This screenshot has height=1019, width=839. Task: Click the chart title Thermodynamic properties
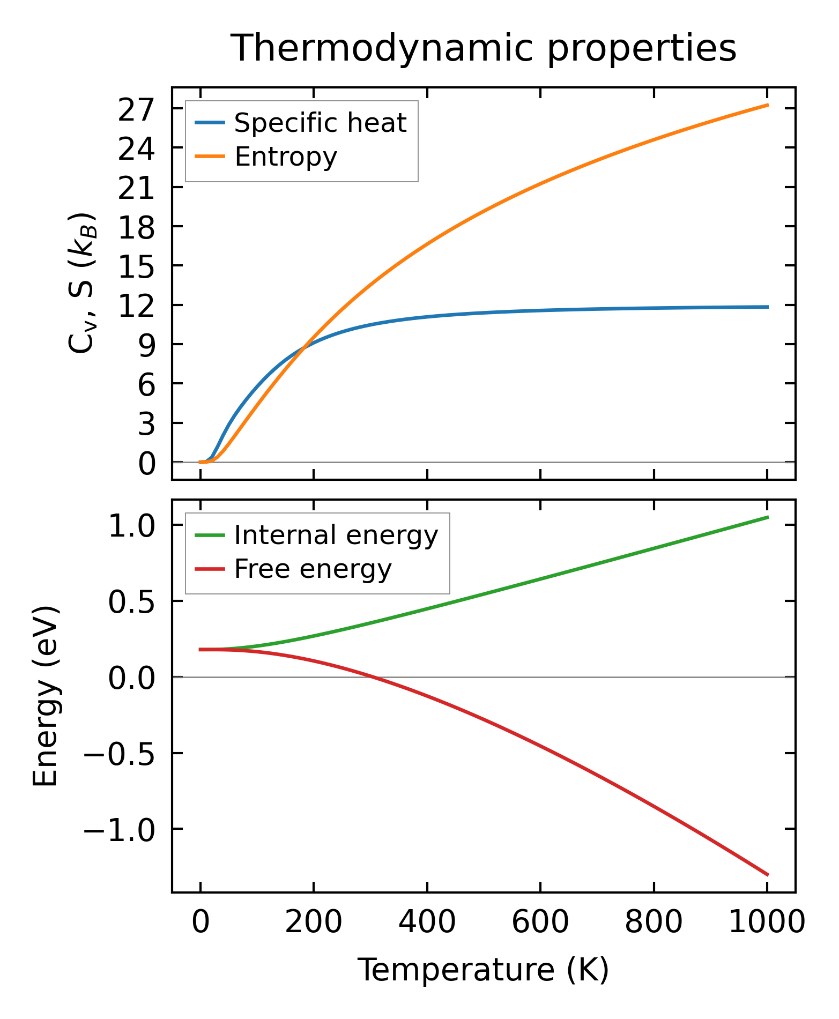484,49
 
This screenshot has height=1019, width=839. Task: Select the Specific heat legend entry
320,123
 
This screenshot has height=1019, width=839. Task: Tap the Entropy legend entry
285,157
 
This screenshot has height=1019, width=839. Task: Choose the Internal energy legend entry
336,535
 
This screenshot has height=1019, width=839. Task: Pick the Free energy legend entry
313,569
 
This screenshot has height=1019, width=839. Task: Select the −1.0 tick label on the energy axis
119,829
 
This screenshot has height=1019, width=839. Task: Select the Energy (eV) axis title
45,696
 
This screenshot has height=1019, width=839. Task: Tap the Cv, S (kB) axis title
82,283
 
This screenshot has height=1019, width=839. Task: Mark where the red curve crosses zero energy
373,677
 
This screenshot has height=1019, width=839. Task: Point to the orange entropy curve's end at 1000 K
768,105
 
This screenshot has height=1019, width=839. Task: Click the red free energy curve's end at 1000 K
768,875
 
